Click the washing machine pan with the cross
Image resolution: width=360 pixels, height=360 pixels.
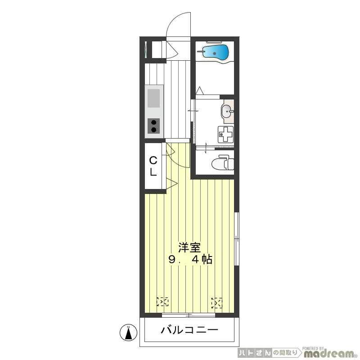[x=226, y=135]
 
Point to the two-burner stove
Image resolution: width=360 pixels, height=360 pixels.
[x=153, y=126]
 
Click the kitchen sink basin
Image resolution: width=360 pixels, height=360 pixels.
[x=153, y=98]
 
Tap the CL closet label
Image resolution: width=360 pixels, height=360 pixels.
[x=153, y=166]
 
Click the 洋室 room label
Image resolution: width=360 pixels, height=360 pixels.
[x=189, y=248]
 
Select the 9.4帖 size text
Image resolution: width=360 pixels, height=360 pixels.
[x=190, y=260]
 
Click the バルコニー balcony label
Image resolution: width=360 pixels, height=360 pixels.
[x=189, y=330]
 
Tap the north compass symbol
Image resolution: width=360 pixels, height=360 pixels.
[x=129, y=333]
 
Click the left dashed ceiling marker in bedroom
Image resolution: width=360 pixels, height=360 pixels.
[x=162, y=301]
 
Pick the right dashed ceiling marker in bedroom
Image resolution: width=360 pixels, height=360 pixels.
[x=217, y=303]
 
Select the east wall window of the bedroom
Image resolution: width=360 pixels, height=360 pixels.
[x=237, y=239]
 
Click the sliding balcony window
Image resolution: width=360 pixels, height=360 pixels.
[x=189, y=315]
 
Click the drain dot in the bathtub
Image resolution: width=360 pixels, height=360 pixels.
[x=215, y=54]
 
